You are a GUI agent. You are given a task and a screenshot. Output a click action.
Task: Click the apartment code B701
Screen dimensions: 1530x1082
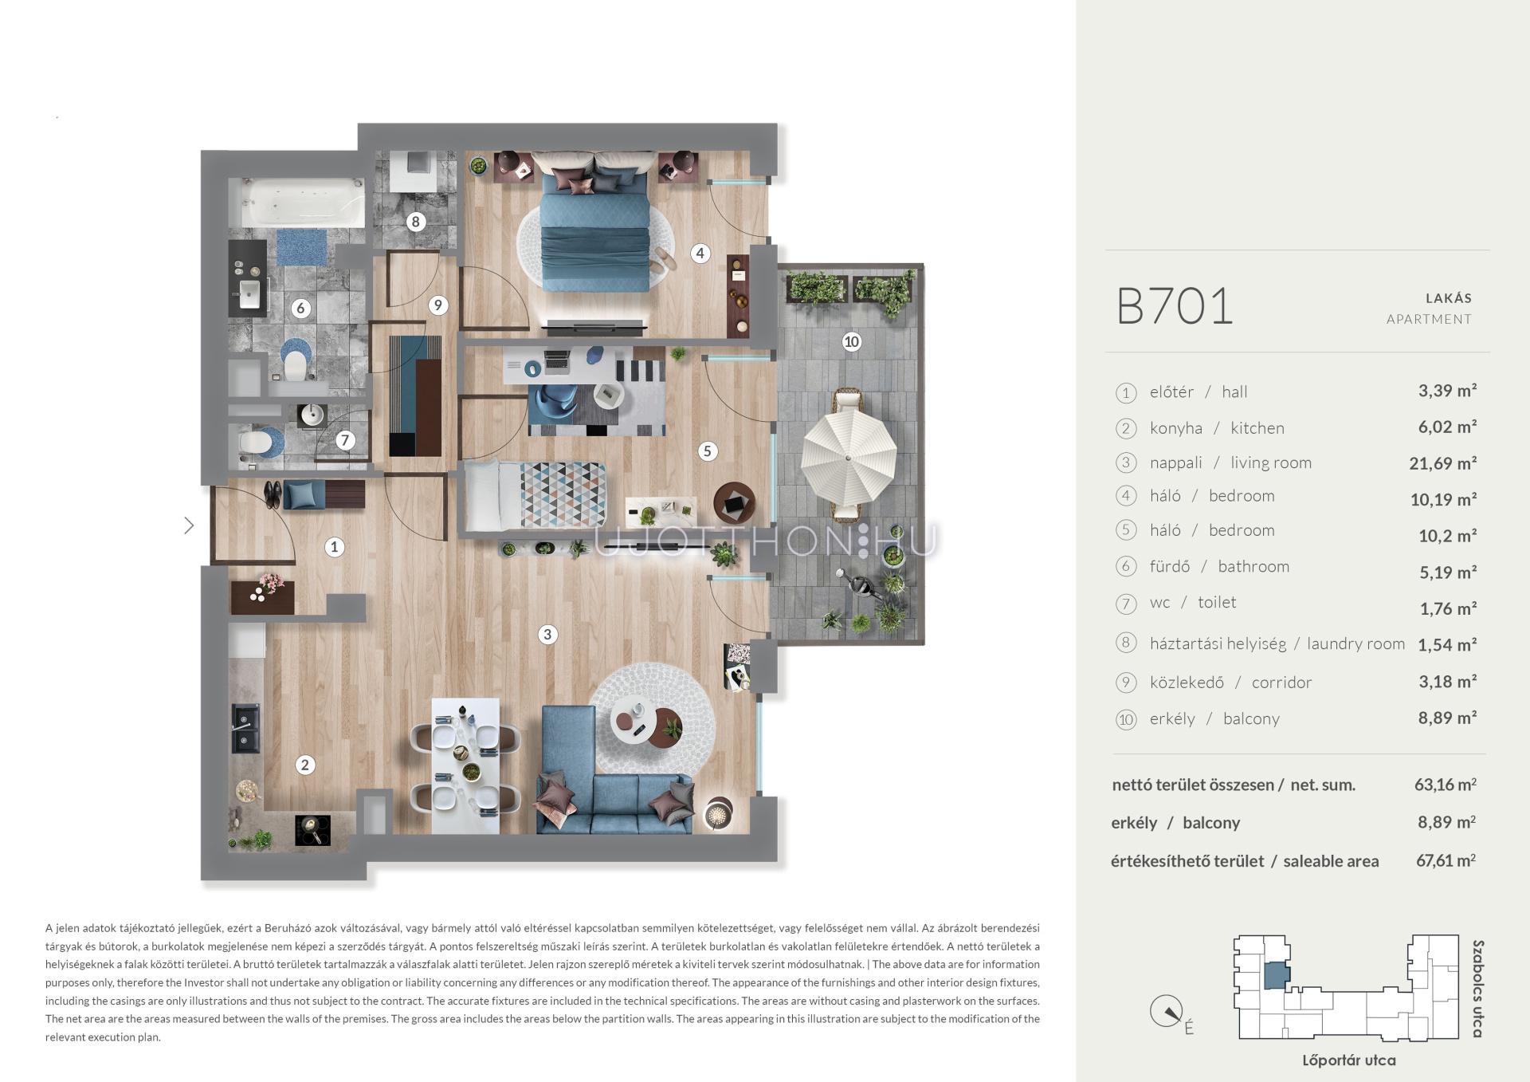coord(1175,306)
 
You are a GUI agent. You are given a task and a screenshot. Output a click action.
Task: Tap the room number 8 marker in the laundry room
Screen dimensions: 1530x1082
coord(415,222)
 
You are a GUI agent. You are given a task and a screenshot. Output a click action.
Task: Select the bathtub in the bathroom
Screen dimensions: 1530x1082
coord(296,203)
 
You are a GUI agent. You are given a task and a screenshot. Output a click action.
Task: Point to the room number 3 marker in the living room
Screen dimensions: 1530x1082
coord(547,635)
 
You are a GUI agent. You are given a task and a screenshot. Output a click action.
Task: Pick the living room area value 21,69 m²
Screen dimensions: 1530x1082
coord(1442,463)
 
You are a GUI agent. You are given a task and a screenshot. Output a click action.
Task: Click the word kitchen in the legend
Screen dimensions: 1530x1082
coord(1257,428)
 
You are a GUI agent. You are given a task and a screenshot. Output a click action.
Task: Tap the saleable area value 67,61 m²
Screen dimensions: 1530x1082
coord(1446,860)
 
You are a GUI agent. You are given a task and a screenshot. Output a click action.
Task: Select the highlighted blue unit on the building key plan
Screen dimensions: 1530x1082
coord(1277,975)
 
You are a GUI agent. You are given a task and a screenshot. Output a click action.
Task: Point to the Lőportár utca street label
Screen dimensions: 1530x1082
coord(1349,1060)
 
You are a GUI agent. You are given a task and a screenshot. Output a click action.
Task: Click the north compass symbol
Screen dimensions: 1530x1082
coord(1167,1012)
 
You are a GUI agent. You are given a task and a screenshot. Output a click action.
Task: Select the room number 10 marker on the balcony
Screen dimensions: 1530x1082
coord(852,342)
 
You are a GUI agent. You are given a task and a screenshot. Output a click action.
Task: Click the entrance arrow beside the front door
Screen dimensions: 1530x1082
coord(189,525)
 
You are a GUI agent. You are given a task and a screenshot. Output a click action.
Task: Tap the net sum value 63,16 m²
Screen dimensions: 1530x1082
coord(1446,785)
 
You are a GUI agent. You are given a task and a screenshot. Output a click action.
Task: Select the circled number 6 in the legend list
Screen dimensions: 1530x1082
coord(1125,567)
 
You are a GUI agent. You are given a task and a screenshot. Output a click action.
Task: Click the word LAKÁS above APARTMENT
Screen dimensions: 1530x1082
coord(1449,298)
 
